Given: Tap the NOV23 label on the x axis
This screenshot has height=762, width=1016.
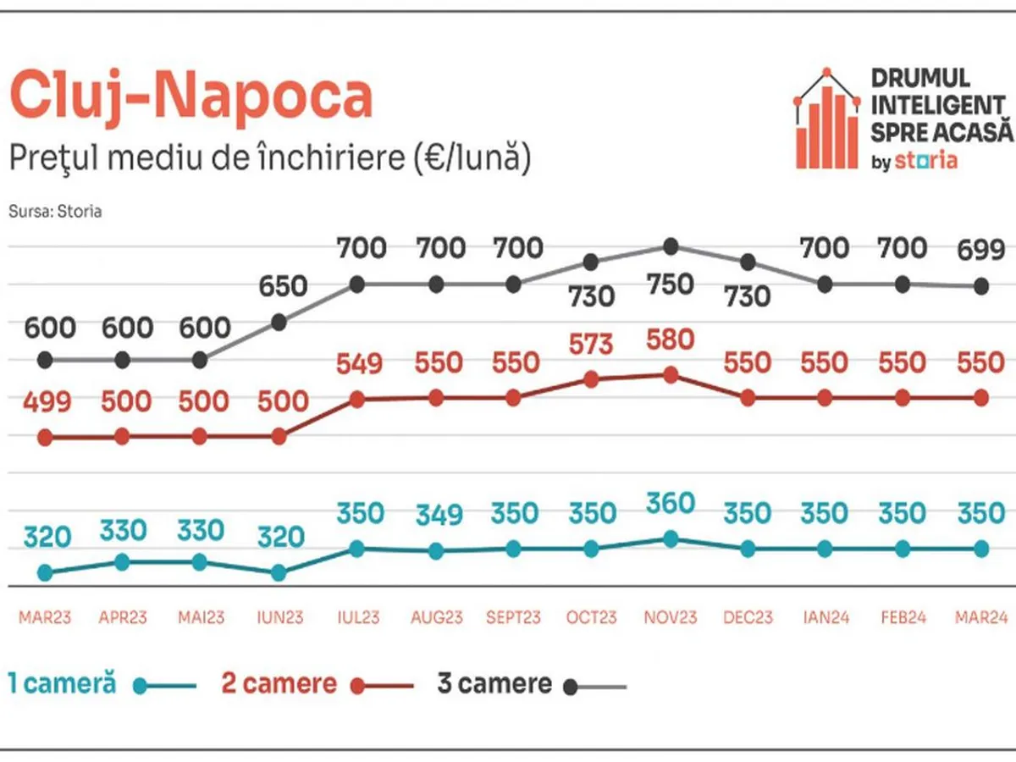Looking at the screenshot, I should pos(670,617).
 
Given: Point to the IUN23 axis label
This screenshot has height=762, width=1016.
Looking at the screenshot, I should pos(279,617).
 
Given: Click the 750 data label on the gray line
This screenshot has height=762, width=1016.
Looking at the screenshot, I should pos(670,284).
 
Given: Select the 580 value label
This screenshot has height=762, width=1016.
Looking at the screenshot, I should pos(670,340).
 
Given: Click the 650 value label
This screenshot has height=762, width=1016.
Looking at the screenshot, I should pos(282,286).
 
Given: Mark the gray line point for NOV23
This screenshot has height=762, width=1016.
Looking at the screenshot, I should pos(671,246).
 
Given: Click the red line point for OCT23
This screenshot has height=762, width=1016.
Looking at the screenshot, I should pos(592,380).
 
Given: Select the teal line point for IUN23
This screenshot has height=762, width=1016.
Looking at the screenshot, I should pos(279,572).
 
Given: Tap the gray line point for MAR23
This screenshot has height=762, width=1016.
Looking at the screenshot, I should pos(45,360).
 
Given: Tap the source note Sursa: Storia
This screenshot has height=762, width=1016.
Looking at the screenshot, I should pos(55,212).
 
